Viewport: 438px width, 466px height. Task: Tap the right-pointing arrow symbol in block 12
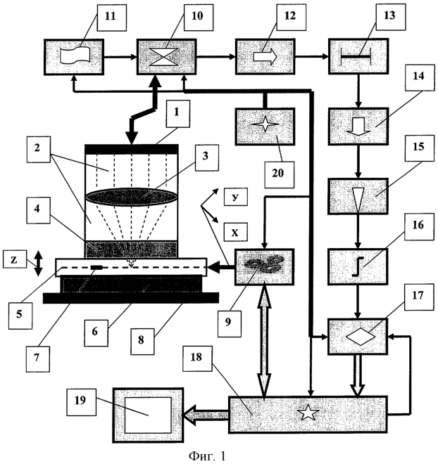pos(261,53)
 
